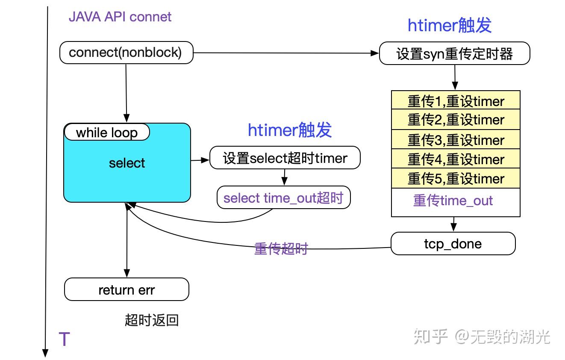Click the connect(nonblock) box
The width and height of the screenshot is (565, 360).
point(126,53)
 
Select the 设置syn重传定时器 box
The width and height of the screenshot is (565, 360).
point(454,54)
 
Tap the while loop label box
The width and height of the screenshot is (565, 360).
point(107,133)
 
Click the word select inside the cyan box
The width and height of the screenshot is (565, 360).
point(127,163)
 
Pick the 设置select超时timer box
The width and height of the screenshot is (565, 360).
point(285,159)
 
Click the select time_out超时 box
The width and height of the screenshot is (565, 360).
point(283,198)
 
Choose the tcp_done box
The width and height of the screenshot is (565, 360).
point(453,244)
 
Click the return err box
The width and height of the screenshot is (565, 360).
point(127,290)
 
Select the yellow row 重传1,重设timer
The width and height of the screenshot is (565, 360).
point(456,101)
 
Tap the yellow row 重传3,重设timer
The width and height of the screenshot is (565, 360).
point(456,140)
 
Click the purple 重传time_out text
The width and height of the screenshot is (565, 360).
point(453,201)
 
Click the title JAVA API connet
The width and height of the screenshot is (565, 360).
point(120,17)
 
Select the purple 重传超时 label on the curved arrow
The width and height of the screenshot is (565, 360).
point(281,249)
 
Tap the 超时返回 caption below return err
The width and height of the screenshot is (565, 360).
point(152,320)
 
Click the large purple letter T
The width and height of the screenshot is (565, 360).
point(64,339)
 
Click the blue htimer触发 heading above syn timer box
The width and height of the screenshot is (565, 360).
point(450,26)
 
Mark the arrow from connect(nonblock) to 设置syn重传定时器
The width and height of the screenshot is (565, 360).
point(286,53)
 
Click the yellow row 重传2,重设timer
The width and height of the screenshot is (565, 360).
point(456,120)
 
